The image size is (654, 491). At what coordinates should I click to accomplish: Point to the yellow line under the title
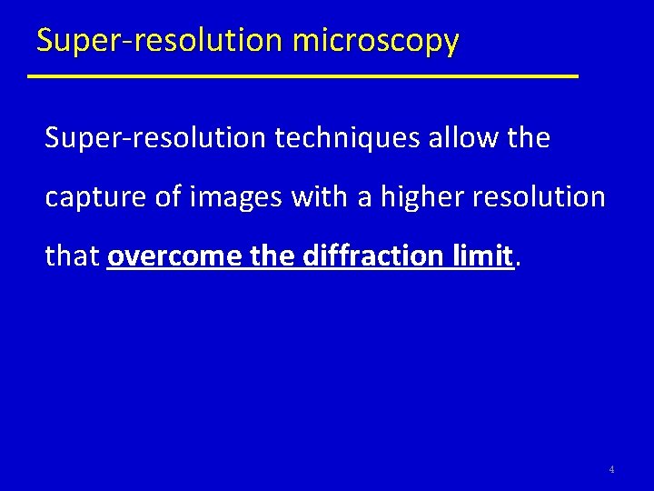[x=302, y=76]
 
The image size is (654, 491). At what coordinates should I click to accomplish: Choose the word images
[x=234, y=197]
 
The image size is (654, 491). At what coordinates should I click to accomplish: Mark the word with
[x=317, y=197]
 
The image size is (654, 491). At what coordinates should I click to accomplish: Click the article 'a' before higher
[x=364, y=197]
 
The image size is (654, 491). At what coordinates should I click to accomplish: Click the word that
[x=73, y=256]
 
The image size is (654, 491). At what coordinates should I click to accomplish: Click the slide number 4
[x=611, y=470]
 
